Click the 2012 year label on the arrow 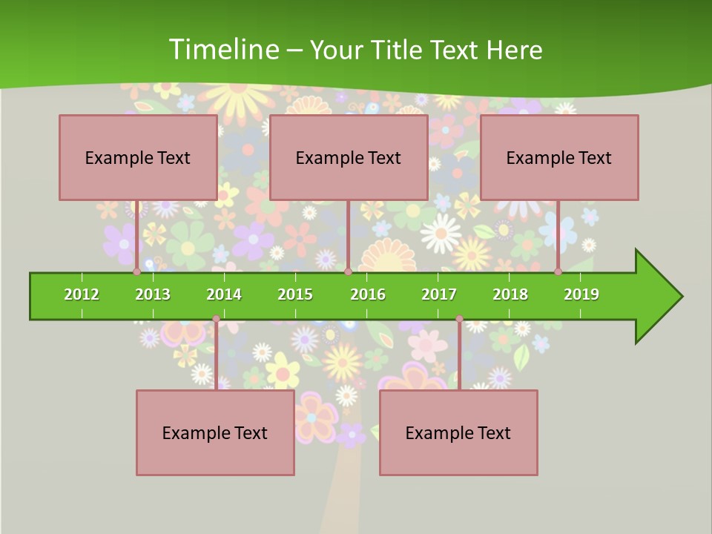82,294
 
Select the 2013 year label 153,294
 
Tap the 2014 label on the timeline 224,294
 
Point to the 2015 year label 295,294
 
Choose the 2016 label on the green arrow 368,294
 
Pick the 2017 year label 439,294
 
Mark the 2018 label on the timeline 510,294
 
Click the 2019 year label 581,294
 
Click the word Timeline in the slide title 222,50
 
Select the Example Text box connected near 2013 138,157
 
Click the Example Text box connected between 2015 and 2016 349,157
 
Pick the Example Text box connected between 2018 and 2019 559,157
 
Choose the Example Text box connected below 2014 215,432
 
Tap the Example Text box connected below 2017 458,432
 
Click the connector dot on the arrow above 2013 137,272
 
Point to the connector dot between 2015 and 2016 348,272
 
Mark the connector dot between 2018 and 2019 558,272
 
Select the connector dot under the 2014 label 216,319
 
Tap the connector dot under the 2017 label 459,319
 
